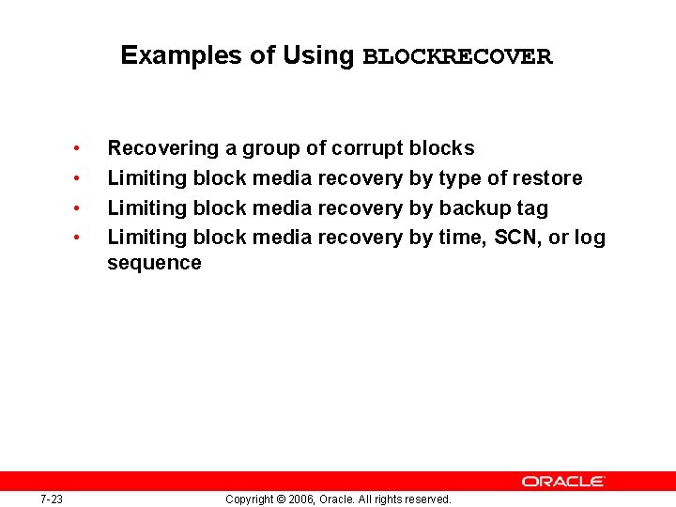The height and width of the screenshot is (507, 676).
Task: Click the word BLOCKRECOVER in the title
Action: coord(457,56)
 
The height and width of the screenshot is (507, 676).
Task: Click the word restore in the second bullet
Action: coord(547,178)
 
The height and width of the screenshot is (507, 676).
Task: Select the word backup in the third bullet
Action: coord(472,208)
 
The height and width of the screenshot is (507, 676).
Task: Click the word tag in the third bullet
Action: coord(531,208)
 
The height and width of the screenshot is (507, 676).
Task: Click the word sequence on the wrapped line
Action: coord(154,263)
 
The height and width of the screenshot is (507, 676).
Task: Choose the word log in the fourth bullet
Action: coord(590,238)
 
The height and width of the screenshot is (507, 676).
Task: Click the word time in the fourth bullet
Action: coord(460,238)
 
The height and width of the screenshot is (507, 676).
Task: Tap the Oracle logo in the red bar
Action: coord(563,481)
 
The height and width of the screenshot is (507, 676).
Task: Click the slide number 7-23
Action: coord(52,499)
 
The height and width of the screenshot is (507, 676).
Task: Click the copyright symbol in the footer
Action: coord(280,499)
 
